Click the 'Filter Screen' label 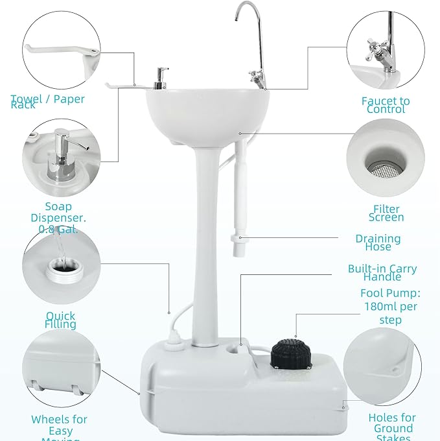386,213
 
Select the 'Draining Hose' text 378,242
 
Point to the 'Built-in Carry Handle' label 382,272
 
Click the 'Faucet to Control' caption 386,105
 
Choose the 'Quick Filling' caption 60,320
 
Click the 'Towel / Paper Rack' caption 48,102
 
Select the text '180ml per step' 389,313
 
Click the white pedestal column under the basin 205,240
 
